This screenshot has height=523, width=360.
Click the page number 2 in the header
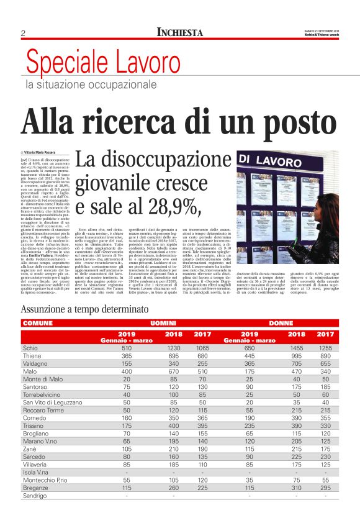tap(23, 33)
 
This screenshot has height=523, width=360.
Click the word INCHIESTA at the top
tap(179, 32)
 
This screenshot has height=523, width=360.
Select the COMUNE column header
tap(38, 324)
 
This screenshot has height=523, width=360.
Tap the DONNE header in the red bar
tap(281, 324)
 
